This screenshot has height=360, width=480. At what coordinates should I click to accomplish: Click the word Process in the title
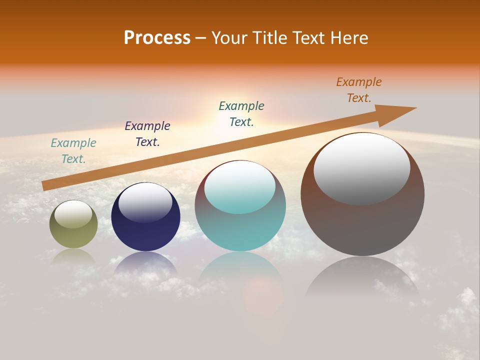pyautogui.click(x=157, y=38)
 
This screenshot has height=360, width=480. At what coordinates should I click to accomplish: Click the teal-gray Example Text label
pyautogui.click(x=73, y=151)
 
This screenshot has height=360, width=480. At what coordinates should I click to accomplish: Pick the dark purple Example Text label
pyautogui.click(x=147, y=134)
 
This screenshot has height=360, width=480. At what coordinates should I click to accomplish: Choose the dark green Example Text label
pyautogui.click(x=241, y=114)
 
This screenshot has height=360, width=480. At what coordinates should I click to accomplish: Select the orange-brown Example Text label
pyautogui.click(x=359, y=90)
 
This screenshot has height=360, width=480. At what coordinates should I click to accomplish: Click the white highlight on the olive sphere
pyautogui.click(x=73, y=214)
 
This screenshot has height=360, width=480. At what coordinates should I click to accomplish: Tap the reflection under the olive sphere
pyautogui.click(x=73, y=257)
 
